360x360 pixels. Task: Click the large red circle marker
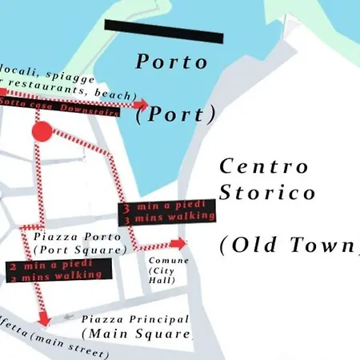pyautogui.click(x=42, y=130)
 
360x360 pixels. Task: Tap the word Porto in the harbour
pyautogui.click(x=171, y=62)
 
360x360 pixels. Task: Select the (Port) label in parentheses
pyautogui.click(x=176, y=114)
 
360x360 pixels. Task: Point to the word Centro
pyautogui.click(x=263, y=166)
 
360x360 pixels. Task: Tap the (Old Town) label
pyautogui.click(x=288, y=245)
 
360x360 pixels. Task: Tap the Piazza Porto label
pyautogui.click(x=78, y=237)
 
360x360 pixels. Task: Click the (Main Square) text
pyautogui.click(x=137, y=333)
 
